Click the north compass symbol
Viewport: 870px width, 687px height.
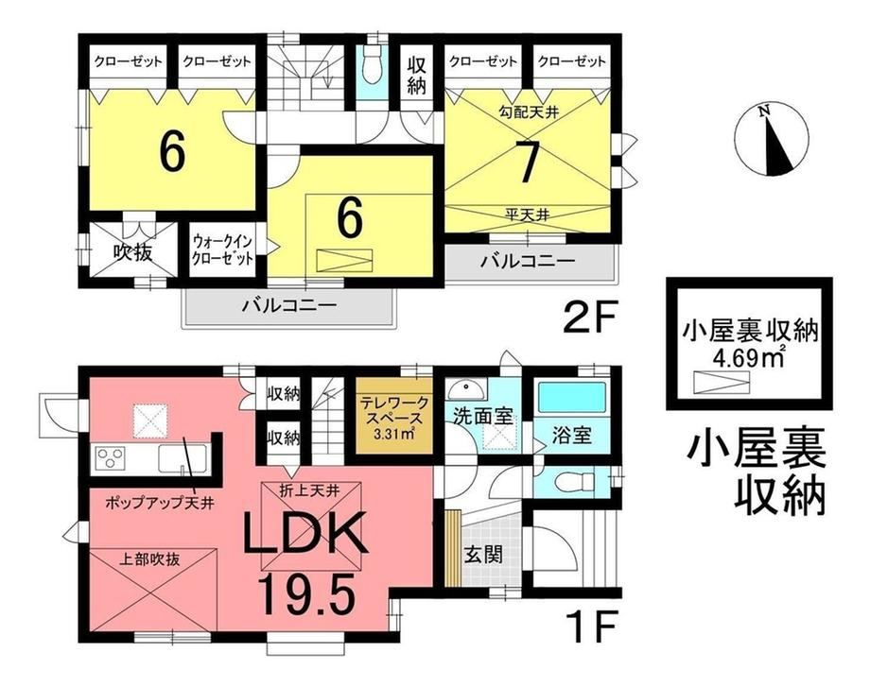pyautogui.click(x=772, y=140)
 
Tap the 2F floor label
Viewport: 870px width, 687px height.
pyautogui.click(x=590, y=318)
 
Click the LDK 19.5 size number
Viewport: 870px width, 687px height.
pyautogui.click(x=307, y=596)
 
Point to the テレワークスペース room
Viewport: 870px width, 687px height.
pyautogui.click(x=394, y=418)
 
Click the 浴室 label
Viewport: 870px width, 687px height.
pyautogui.click(x=573, y=437)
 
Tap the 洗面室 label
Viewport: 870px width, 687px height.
pyautogui.click(x=482, y=417)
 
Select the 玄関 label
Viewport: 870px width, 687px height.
pyautogui.click(x=484, y=554)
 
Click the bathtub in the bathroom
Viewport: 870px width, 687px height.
pyautogui.click(x=571, y=397)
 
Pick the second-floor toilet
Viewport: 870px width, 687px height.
pyautogui.click(x=369, y=69)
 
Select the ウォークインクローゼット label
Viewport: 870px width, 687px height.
pyautogui.click(x=222, y=250)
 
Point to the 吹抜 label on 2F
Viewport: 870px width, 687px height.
pyautogui.click(x=132, y=253)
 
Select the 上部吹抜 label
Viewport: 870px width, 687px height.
pyautogui.click(x=149, y=559)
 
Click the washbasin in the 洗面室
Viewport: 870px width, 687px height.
pyautogui.click(x=466, y=389)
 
